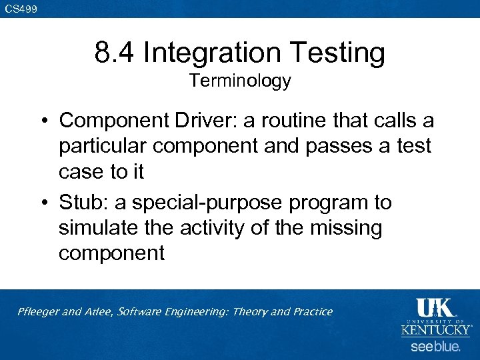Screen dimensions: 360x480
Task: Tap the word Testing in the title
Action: click(x=341, y=52)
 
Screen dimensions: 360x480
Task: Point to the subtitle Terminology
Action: click(x=240, y=81)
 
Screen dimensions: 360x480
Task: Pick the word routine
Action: click(x=285, y=121)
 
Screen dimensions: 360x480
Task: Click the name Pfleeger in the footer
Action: click(x=38, y=311)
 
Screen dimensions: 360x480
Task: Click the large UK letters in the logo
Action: click(x=435, y=307)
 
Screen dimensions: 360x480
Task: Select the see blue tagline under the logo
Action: click(x=435, y=347)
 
